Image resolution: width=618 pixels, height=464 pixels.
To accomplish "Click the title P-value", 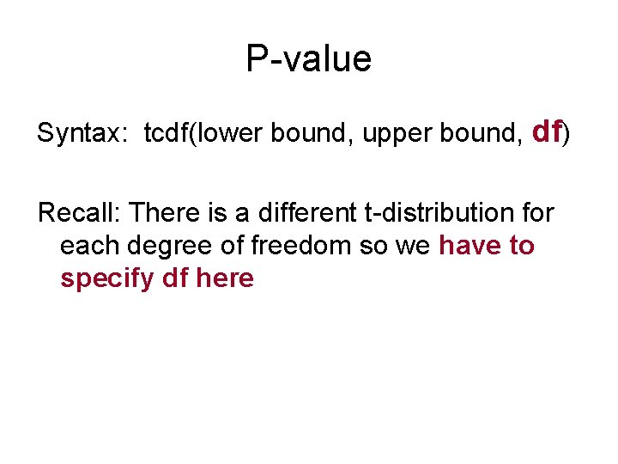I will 308,59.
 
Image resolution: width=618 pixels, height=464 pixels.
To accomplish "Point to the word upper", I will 384,134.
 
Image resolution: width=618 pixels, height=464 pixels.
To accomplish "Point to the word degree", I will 167,246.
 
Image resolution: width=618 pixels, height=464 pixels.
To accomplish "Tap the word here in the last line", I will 225,279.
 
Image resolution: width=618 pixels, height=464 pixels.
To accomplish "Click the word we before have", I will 416,246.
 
